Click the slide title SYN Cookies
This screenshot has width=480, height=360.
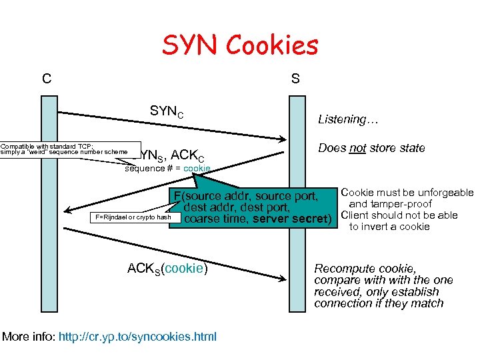[x=240, y=45]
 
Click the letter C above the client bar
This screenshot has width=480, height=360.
[x=46, y=79]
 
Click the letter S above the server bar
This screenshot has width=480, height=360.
[x=295, y=79]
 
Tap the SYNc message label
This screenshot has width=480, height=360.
[x=167, y=111]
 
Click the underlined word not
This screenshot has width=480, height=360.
[x=357, y=148]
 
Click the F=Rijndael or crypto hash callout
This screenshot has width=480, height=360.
[x=133, y=217]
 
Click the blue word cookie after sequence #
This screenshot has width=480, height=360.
[x=197, y=169]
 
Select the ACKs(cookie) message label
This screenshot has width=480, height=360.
[x=168, y=269]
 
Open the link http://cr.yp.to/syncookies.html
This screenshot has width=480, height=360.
[x=138, y=337]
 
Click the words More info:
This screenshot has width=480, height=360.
[x=29, y=337]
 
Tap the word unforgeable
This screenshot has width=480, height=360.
[x=443, y=193]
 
